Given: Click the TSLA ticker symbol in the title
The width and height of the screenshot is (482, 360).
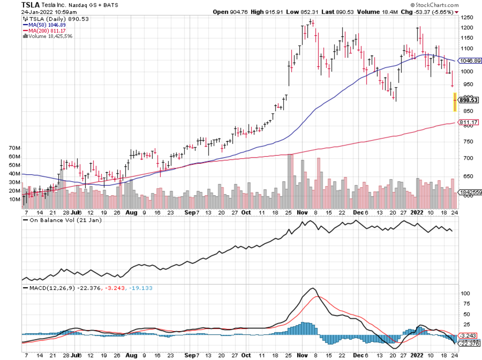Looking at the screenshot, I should coord(31,5).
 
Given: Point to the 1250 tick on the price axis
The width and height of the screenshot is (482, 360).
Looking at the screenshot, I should coord(467,18).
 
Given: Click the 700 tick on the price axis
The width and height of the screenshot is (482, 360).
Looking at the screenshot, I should coord(466,158).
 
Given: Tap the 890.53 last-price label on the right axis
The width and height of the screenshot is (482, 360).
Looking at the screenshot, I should coord(470,100).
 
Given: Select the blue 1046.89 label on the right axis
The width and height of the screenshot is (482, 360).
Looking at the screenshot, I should coord(470,61).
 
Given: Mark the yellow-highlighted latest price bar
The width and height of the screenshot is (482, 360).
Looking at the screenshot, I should coord(455,102).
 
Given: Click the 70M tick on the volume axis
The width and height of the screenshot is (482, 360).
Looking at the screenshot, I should coord(15,148).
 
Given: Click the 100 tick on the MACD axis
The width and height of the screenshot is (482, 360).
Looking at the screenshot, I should coord(465,293).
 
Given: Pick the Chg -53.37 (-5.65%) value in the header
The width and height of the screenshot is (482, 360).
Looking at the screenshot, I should coord(429,12).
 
